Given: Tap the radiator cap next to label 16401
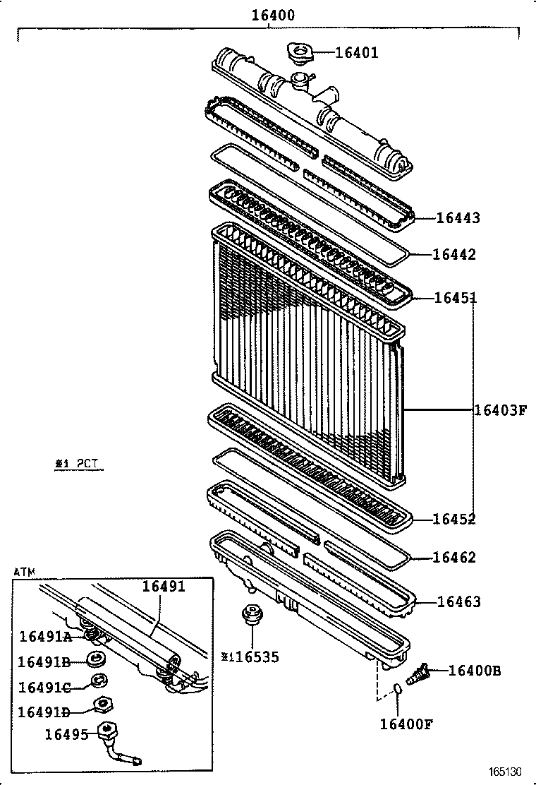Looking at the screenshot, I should [299, 52].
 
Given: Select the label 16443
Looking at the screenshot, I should [458, 218].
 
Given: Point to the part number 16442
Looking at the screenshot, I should [454, 255].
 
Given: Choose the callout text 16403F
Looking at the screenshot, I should [500, 409].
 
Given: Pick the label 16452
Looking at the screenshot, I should [454, 520].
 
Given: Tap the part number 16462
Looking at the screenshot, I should [454, 558].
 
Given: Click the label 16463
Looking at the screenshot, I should [459, 602].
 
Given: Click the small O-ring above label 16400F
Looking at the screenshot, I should [398, 690].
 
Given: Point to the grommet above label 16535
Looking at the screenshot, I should [250, 615].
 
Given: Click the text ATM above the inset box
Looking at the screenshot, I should [24, 571].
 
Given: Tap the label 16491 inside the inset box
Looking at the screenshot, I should [164, 586].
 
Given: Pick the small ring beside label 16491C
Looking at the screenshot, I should [97, 682].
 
